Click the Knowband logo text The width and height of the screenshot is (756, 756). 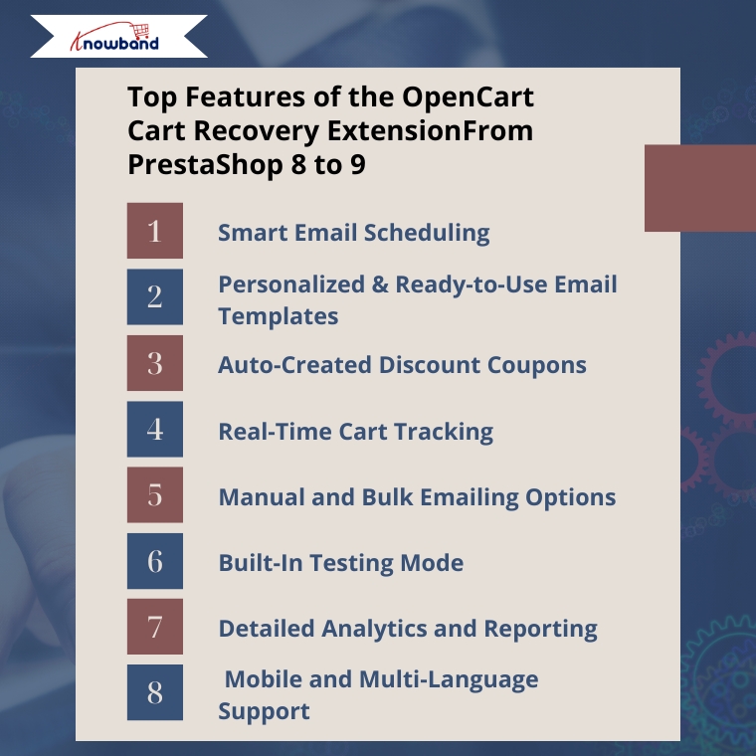pos(114,43)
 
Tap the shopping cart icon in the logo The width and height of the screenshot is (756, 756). pos(141,31)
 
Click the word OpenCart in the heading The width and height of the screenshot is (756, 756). pos(468,97)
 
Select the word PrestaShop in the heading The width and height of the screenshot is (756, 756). pos(205,165)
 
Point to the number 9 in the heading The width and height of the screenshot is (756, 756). pos(358,165)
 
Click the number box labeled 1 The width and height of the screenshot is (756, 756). pos(155,231)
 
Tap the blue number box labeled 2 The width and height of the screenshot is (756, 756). pos(155,296)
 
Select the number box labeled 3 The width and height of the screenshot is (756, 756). pos(155,362)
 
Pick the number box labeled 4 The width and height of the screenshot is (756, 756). pos(155,429)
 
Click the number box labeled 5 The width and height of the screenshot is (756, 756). pos(155,494)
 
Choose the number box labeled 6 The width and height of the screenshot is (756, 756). pos(155,561)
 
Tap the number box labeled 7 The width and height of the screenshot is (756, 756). pos(155,627)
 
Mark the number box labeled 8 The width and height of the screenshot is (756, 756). pos(155,692)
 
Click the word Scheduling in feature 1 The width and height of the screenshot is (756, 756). pos(427,234)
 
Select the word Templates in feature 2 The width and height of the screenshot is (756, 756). pos(279,316)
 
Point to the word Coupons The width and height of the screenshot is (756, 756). pos(536,366)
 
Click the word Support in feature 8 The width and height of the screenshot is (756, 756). pos(264,712)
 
